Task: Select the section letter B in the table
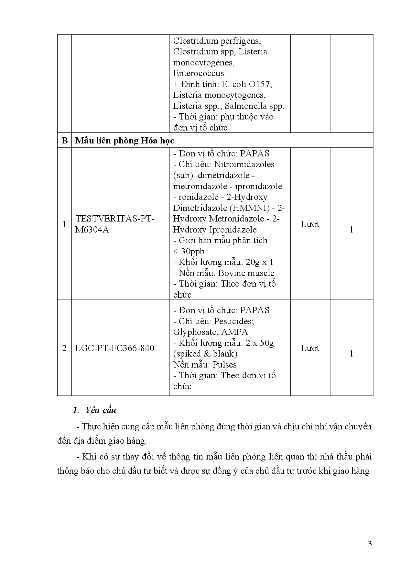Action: click(64, 141)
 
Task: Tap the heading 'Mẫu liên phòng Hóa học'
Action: click(125, 141)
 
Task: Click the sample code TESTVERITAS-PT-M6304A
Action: click(115, 224)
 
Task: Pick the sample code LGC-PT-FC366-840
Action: click(114, 348)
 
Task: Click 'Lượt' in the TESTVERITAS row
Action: click(310, 224)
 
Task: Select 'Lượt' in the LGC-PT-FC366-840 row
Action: click(310, 348)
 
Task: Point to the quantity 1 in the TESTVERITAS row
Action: click(351, 230)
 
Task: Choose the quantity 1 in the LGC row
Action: click(351, 354)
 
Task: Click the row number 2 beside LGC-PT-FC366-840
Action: click(64, 348)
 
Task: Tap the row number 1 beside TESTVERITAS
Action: click(64, 224)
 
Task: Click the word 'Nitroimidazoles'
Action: click(244, 164)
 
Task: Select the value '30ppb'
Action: click(193, 251)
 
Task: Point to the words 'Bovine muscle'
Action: click(246, 273)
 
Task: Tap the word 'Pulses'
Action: click(224, 365)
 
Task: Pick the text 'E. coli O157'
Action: click(246, 84)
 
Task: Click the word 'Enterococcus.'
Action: click(199, 73)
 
